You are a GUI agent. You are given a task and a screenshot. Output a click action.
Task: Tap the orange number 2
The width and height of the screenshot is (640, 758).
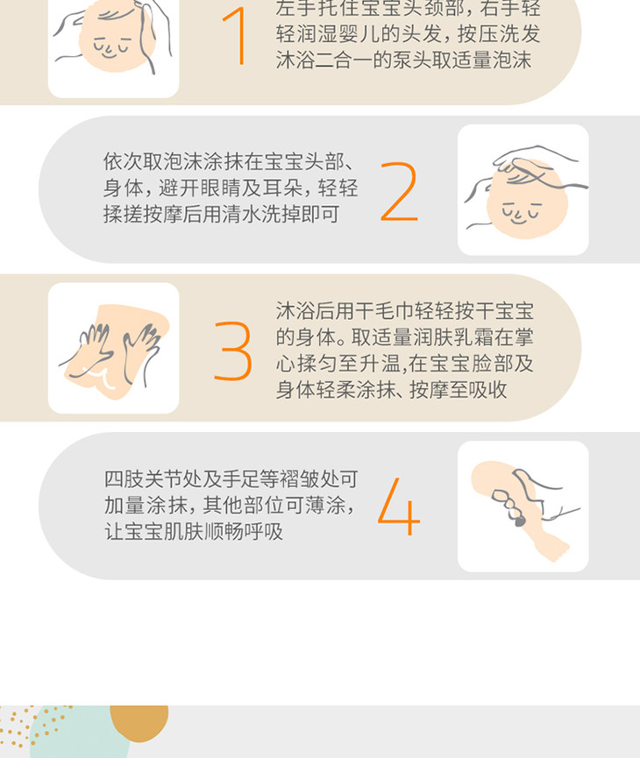click(399, 192)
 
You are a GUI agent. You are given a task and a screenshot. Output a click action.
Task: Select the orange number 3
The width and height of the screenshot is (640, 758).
click(233, 351)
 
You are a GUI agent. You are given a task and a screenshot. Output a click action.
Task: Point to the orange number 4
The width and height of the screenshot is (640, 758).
click(399, 507)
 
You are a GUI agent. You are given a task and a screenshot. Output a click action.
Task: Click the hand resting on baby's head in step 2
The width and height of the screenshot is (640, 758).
click(532, 166)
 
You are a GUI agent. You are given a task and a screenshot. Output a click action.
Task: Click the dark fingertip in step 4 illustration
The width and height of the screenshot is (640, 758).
click(519, 521)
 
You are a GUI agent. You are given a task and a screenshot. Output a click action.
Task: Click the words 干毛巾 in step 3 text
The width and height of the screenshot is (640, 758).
click(384, 311)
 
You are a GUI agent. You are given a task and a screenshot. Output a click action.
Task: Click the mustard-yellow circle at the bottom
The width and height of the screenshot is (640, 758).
click(139, 722)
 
